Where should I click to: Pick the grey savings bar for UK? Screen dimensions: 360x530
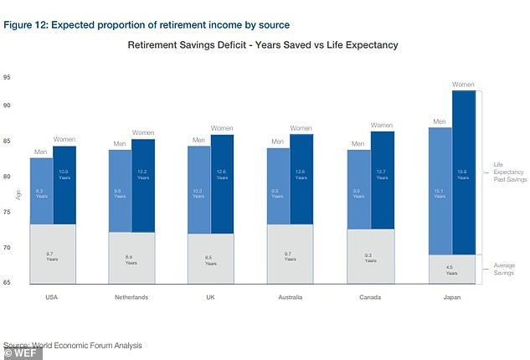coord(210,260)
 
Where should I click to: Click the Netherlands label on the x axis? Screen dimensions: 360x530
coord(131,297)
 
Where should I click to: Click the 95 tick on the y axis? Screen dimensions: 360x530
coord(8,77)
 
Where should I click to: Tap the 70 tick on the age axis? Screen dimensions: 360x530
coord(8,248)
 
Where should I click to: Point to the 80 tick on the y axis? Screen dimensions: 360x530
coord(8,177)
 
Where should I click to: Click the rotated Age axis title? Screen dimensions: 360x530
coord(18,194)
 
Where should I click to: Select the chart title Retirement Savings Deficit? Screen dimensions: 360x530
coord(262,44)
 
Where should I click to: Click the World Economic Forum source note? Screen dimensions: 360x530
coord(73,345)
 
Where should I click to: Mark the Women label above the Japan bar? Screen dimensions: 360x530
coord(463,85)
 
